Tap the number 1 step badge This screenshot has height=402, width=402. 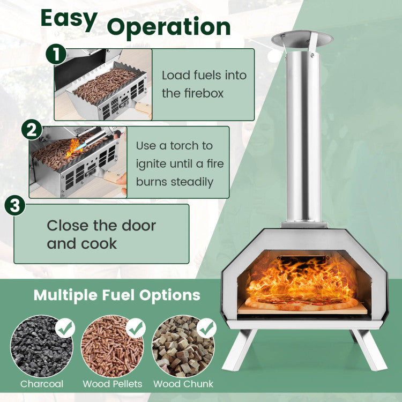tap(56, 54)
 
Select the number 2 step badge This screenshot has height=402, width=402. tap(32, 130)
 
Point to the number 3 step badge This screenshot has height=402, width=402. tap(15, 205)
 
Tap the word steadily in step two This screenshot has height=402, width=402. tap(192, 183)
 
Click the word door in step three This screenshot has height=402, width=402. tap(139, 226)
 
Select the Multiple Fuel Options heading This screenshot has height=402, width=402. tap(117, 295)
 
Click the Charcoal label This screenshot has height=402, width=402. tap(42, 384)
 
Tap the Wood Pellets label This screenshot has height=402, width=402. tap(113, 384)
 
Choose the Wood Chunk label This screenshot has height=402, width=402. tap(183, 384)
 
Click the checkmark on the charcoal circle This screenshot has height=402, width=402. tap(65, 328)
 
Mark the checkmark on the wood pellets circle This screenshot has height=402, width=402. tap(136, 328)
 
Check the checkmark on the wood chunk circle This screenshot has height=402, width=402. tap(207, 328)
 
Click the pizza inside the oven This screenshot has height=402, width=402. tap(301, 302)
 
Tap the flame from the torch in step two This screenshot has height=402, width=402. tap(73, 148)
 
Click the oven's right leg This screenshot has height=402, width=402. tap(369, 349)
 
